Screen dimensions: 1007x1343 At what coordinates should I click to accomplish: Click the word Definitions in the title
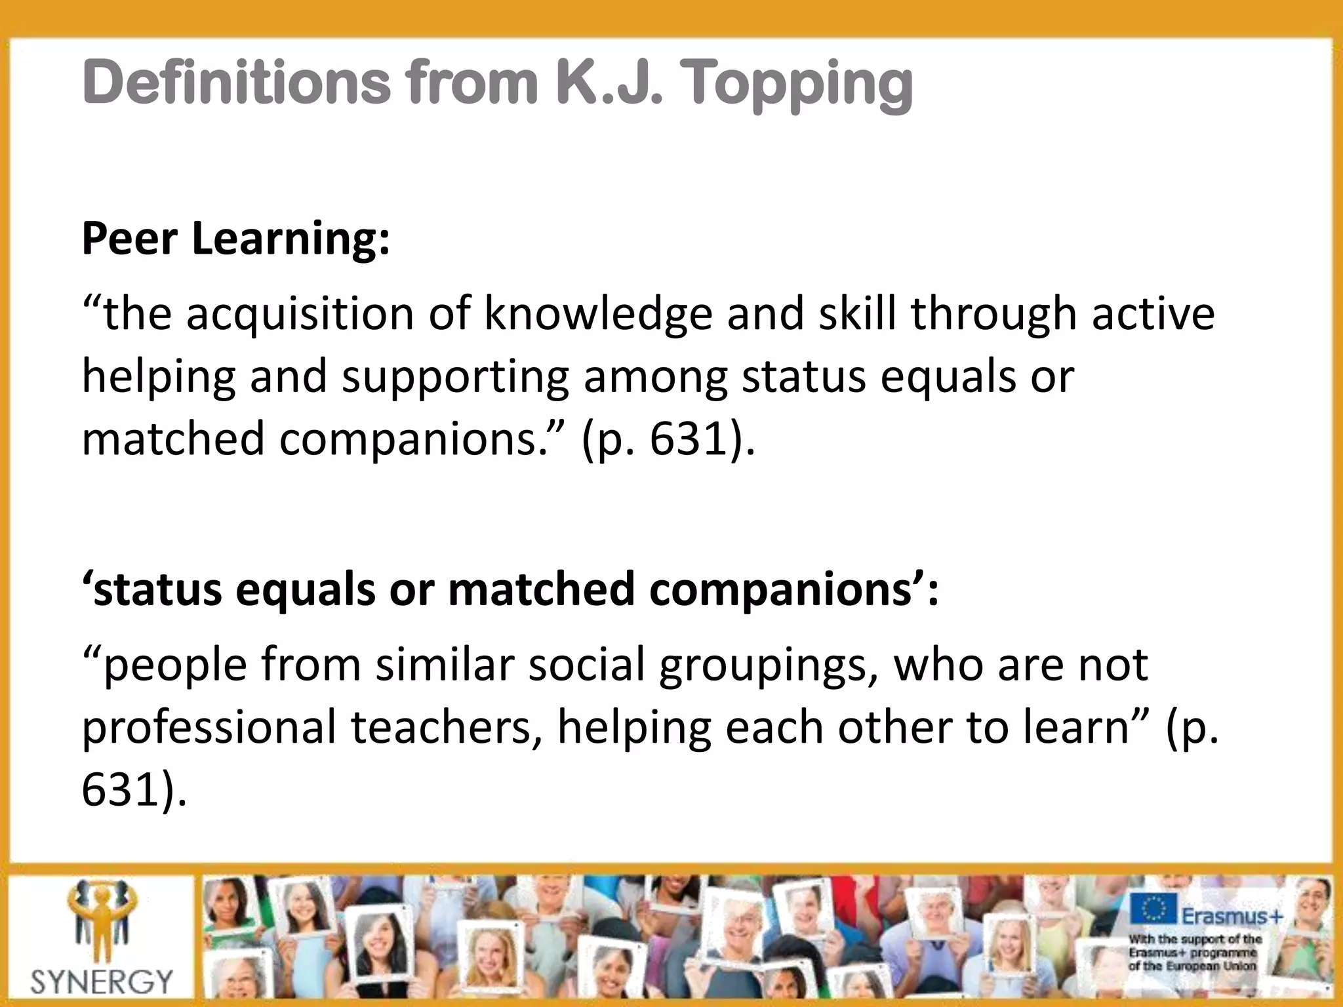(x=236, y=83)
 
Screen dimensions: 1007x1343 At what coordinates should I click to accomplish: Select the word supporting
(x=455, y=378)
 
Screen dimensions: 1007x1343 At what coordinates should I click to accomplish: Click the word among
(x=655, y=378)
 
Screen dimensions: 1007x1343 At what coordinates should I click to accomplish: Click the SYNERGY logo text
(x=102, y=981)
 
